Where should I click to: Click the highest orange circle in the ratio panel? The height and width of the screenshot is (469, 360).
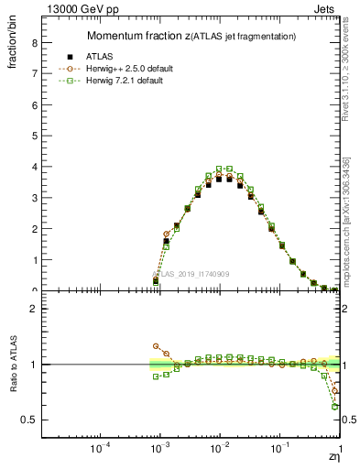[x=156, y=346]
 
